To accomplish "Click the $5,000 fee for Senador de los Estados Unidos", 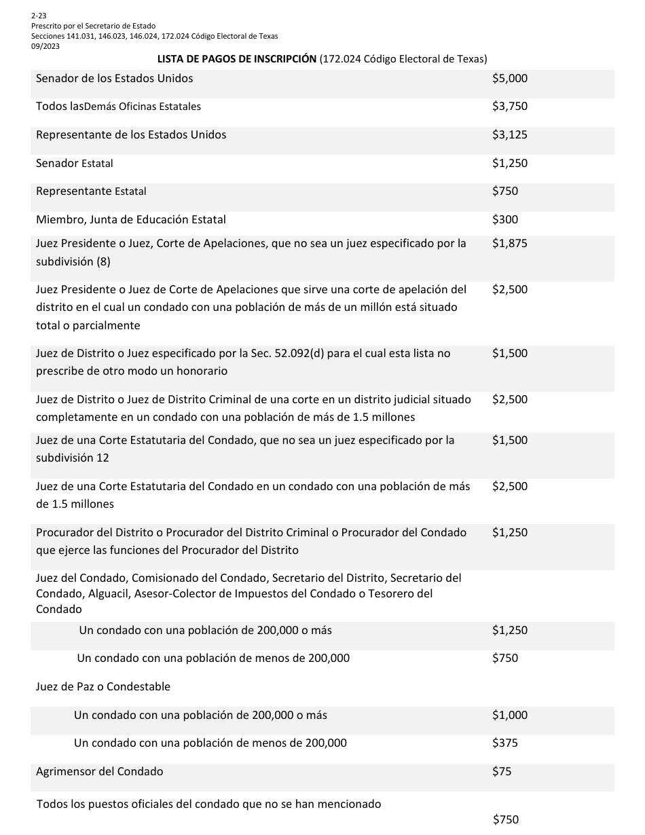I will (509, 79).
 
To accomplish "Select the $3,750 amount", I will (509, 107).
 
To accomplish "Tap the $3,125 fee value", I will (509, 135).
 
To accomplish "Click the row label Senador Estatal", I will (75, 164).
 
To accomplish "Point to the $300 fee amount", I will (504, 220).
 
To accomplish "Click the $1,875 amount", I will (509, 244).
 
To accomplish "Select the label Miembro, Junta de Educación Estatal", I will (131, 220).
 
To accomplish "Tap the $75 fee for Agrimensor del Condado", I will (502, 772).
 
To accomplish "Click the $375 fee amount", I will (504, 743).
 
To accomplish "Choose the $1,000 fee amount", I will (509, 716).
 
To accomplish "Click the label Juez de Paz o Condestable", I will (103, 687).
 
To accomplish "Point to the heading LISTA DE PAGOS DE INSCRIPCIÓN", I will (237, 59).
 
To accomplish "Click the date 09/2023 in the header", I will (45, 46).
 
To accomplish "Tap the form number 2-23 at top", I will (39, 15).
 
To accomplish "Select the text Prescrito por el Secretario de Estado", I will (93, 26).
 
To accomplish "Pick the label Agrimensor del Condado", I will (100, 772).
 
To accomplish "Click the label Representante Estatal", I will (91, 191).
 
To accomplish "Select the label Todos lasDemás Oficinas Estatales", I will (118, 107).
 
